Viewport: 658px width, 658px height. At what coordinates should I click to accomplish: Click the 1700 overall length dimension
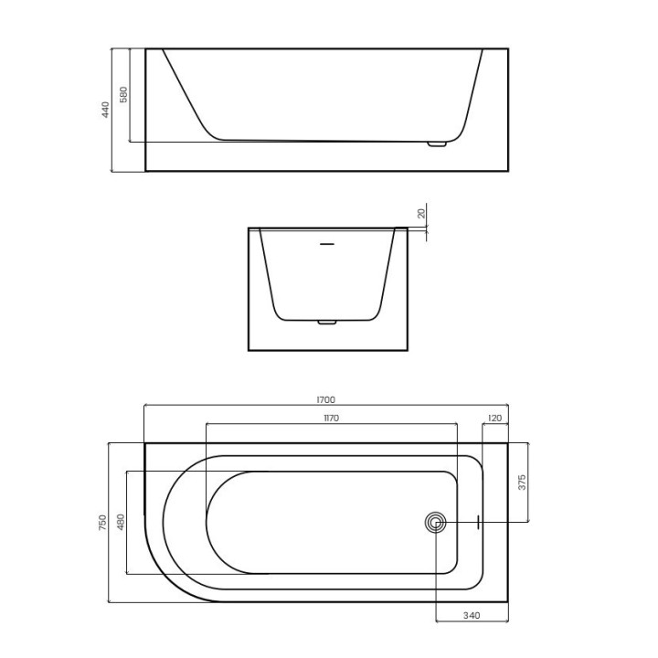click(325, 400)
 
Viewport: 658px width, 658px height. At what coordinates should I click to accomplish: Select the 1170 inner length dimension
click(331, 419)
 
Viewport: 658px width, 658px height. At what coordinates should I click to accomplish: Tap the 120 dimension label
click(495, 419)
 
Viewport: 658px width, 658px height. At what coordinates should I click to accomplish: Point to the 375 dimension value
click(522, 483)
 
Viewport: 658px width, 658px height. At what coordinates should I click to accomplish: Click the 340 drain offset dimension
click(472, 616)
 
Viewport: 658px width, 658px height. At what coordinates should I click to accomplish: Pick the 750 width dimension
click(102, 523)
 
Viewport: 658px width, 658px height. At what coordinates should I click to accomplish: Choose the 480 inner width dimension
click(121, 522)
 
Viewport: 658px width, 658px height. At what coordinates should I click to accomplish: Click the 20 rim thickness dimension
click(421, 213)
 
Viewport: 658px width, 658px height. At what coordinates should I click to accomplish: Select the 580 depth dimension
click(123, 94)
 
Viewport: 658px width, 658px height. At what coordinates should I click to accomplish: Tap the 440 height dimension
click(105, 110)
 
